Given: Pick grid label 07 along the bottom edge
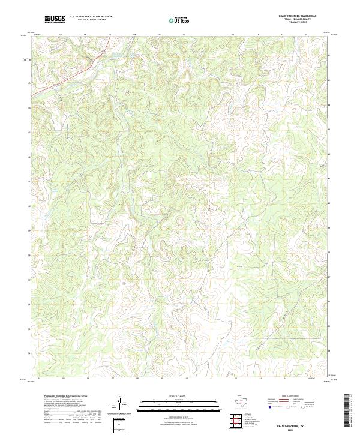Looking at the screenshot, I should (112, 379).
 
